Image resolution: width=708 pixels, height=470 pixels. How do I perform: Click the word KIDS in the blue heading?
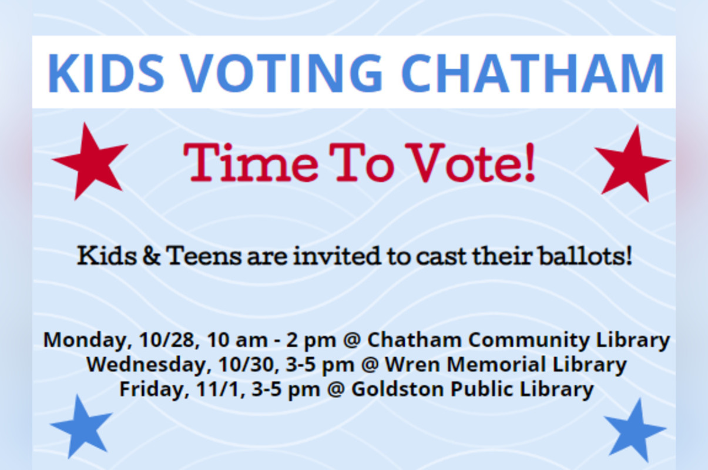tap(106, 73)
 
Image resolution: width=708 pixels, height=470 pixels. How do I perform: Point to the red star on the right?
tap(632, 163)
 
